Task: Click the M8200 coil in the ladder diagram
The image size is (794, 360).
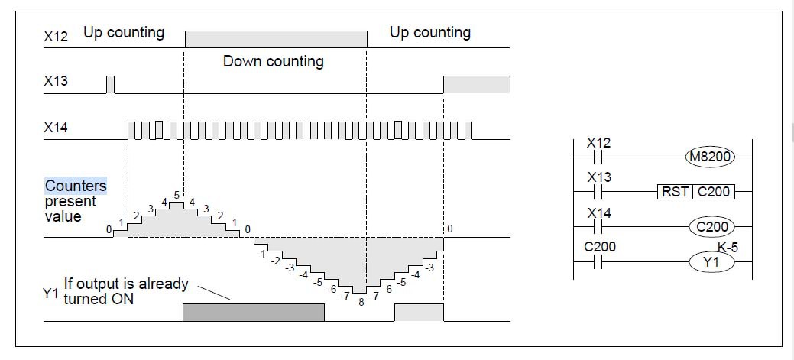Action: pos(710,157)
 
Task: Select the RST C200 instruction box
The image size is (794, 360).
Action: pos(695,192)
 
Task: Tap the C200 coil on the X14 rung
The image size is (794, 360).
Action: pos(711,226)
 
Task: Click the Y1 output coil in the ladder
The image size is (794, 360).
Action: pos(711,262)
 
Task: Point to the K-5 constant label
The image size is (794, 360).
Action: pos(728,247)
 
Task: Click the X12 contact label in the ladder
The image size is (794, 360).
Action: pos(598,143)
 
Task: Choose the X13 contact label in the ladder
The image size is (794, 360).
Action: pos(598,177)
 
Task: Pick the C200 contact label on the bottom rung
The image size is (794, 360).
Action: pos(600,247)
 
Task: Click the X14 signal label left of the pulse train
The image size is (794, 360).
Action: pos(56,128)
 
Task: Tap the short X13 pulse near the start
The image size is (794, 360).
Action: pos(110,84)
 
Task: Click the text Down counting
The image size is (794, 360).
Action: pos(273,61)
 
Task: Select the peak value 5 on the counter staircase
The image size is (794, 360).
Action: pos(177,196)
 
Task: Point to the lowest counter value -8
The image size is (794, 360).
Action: pos(360,302)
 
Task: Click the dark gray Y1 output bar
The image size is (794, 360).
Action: pos(253,312)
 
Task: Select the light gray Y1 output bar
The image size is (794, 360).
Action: pos(418,312)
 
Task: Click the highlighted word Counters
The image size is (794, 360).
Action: pos(76,186)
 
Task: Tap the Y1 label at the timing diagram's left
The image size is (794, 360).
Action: pos(51,293)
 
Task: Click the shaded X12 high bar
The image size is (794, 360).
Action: pos(275,39)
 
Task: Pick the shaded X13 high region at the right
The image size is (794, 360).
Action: pos(476,84)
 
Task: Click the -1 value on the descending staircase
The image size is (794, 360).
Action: pos(261,252)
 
